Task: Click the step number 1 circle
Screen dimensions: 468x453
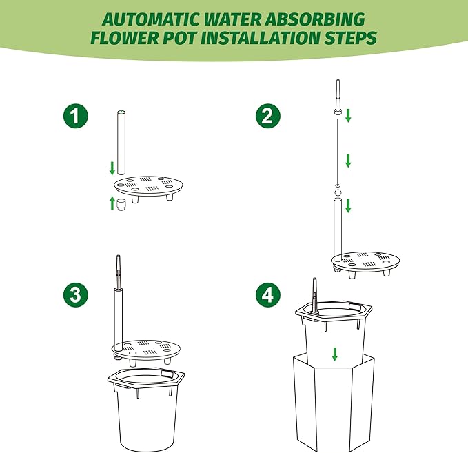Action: click(76, 116)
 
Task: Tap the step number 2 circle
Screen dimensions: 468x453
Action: click(268, 116)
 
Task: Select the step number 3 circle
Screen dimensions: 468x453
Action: click(76, 294)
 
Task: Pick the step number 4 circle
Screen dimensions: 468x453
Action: click(268, 294)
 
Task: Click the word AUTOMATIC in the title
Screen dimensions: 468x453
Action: click(151, 20)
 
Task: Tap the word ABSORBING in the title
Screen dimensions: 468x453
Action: click(316, 19)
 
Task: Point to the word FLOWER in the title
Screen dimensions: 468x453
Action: click(125, 38)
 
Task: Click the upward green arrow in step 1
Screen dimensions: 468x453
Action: click(112, 203)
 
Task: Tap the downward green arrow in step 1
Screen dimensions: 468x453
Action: click(112, 168)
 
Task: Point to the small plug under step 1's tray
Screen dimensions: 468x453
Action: click(121, 205)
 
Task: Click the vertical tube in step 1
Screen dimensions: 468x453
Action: click(121, 143)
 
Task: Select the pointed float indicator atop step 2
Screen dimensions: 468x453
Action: click(338, 97)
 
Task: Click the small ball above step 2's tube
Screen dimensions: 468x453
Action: click(338, 192)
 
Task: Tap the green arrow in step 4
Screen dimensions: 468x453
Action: click(334, 354)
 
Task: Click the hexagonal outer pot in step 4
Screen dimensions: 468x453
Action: click(334, 403)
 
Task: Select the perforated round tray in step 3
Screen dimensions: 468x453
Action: click(146, 350)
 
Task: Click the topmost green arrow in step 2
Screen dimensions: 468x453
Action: click(348, 116)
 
